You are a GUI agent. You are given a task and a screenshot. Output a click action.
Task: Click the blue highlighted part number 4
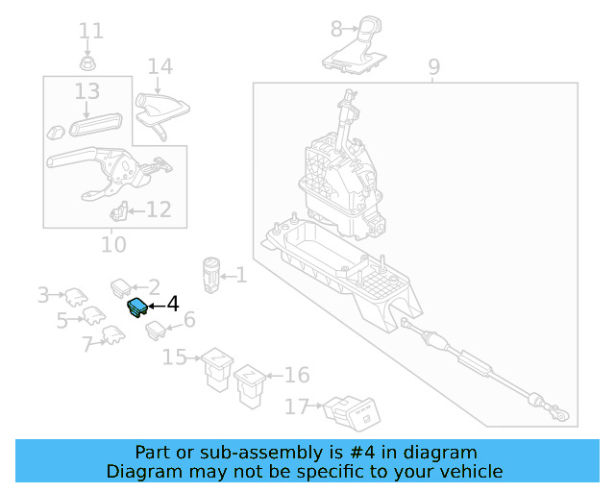click(137, 307)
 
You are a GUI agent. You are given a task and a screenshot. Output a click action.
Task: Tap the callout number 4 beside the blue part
click(173, 305)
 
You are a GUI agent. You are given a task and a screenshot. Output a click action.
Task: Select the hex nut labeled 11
click(87, 63)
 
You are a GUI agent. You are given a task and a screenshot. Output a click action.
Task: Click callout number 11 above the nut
click(91, 31)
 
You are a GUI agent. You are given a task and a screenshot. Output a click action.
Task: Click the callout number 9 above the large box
click(433, 67)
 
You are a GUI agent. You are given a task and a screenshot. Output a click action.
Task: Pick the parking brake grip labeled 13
click(96, 125)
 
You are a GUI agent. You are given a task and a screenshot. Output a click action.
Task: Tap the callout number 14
click(160, 67)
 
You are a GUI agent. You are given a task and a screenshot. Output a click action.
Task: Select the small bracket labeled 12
click(119, 211)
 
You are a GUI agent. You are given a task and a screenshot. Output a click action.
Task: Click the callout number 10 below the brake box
click(113, 244)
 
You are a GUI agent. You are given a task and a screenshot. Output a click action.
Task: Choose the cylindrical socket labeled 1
click(211, 276)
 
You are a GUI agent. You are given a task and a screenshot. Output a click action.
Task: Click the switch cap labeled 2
click(121, 288)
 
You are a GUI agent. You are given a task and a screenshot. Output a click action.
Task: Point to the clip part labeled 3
click(76, 297)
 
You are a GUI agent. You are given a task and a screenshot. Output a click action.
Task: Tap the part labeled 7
click(113, 335)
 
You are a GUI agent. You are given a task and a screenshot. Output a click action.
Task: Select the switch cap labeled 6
click(156, 331)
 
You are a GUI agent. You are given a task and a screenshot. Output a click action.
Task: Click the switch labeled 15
click(217, 369)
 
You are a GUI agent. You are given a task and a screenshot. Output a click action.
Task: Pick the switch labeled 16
click(250, 386)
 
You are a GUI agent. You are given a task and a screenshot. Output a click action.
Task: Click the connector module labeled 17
click(352, 414)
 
